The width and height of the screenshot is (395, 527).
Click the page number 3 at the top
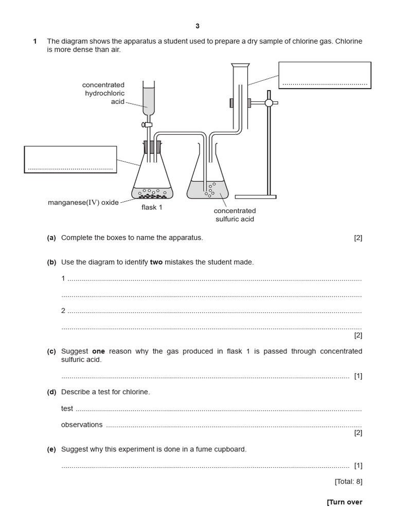point(197,26)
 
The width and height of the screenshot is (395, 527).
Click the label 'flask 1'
point(152,208)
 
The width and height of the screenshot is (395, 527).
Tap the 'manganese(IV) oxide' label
point(83,202)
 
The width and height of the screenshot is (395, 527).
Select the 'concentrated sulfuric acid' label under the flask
point(235,215)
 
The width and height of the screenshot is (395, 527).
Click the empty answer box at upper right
point(325,75)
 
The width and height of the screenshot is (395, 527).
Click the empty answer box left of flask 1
point(70,159)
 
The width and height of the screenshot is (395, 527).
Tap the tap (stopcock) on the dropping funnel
point(148,124)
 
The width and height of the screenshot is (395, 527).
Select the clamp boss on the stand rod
point(268,103)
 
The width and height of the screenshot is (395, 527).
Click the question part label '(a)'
point(51,238)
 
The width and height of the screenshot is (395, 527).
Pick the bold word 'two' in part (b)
point(156,262)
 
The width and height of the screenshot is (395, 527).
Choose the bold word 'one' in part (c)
point(98,351)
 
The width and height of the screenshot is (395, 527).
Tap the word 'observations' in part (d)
point(82,425)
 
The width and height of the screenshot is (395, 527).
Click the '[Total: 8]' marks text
point(348,482)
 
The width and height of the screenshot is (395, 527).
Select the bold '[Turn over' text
point(344,502)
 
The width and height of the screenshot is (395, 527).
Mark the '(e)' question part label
point(51,449)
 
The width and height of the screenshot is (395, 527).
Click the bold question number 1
point(35,41)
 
